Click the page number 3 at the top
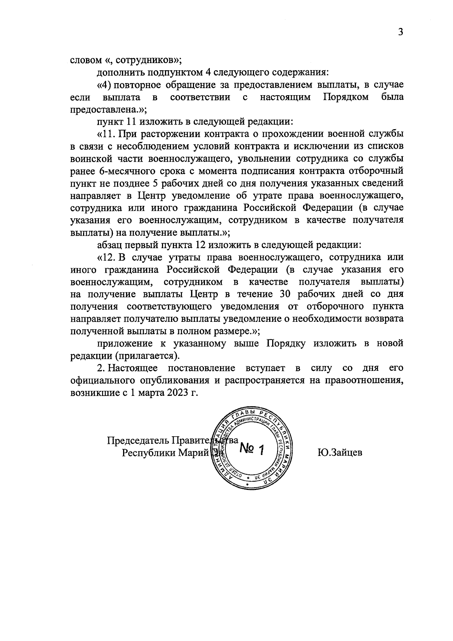click(x=401, y=32)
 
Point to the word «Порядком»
click(x=346, y=97)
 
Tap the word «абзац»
click(x=109, y=245)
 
